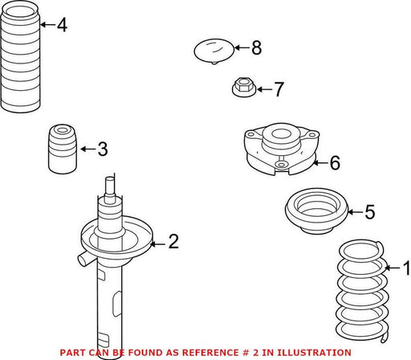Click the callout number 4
pyautogui.click(x=62, y=25)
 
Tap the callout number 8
pyautogui.click(x=257, y=47)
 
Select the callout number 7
pyautogui.click(x=279, y=89)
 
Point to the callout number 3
pyautogui.click(x=103, y=149)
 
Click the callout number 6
pyautogui.click(x=335, y=162)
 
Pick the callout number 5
pyautogui.click(x=370, y=212)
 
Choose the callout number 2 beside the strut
pyautogui.click(x=173, y=241)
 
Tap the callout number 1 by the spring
pyautogui.click(x=407, y=268)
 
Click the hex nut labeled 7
pyautogui.click(x=243, y=87)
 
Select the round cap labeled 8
pyautogui.click(x=214, y=51)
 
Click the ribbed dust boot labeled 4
pyautogui.click(x=21, y=59)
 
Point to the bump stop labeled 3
pyautogui.click(x=63, y=149)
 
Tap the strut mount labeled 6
pyautogui.click(x=282, y=149)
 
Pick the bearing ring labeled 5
pyautogui.click(x=316, y=211)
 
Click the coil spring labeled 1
pyautogui.click(x=361, y=291)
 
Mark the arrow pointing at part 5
pyautogui.click(x=356, y=212)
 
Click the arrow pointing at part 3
pyautogui.click(x=88, y=149)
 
